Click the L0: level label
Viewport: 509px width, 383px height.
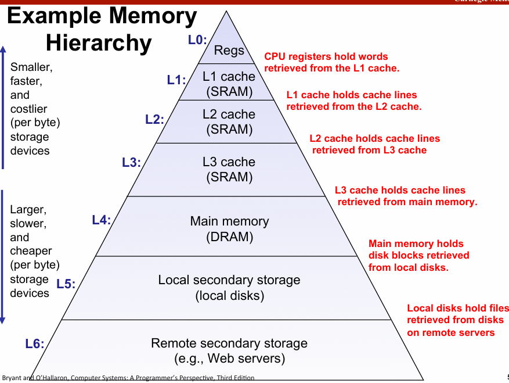(197, 40)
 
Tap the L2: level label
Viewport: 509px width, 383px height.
(154, 120)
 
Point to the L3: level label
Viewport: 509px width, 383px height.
(131, 163)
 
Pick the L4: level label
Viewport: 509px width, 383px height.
(102, 220)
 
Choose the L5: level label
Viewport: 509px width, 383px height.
(66, 284)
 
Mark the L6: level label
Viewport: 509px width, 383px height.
(35, 344)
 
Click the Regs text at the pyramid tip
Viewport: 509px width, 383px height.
(229, 50)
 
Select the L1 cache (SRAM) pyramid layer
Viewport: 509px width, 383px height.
(229, 84)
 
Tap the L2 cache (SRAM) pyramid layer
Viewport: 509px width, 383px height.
(229, 121)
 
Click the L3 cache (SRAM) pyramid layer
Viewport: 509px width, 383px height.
(229, 169)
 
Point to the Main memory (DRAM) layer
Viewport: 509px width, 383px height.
(229, 229)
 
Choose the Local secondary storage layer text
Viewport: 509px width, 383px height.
(229, 288)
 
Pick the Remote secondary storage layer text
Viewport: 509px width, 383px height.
(229, 350)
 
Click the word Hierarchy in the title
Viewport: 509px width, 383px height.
(99, 42)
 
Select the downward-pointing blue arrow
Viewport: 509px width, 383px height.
(3, 256)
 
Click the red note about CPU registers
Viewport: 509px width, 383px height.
(332, 62)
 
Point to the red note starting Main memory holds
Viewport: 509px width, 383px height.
(418, 256)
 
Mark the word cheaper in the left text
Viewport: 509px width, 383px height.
(31, 251)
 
